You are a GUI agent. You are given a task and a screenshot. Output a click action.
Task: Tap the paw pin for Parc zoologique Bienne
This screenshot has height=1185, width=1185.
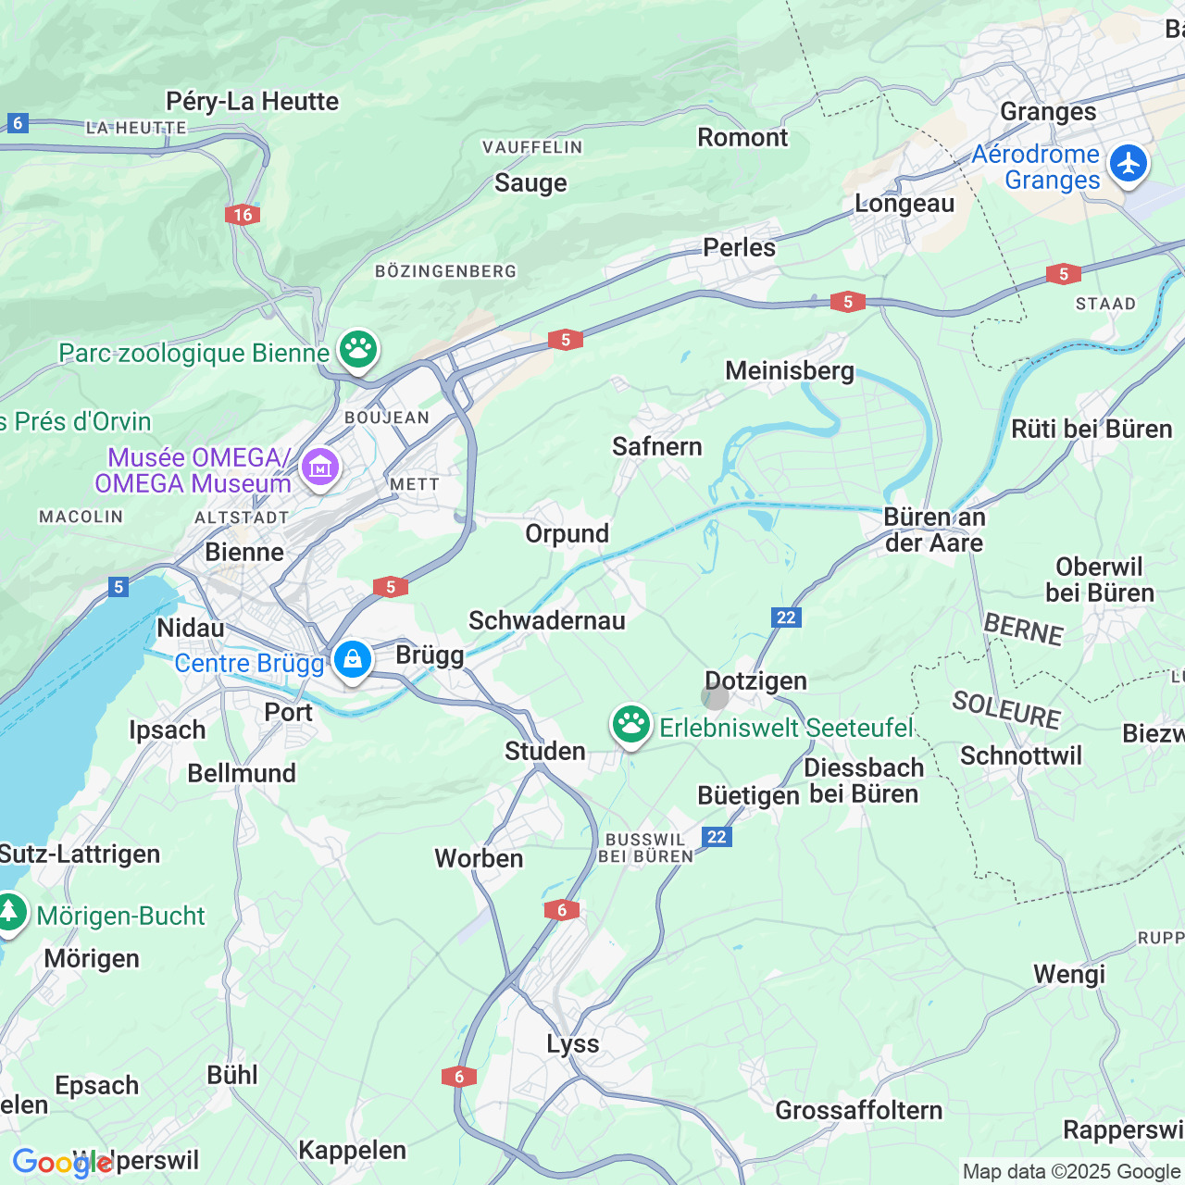click(x=357, y=350)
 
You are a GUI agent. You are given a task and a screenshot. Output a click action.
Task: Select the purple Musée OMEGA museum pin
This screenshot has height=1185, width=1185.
click(x=319, y=468)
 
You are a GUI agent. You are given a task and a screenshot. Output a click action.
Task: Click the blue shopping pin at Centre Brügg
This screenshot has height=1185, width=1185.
click(x=352, y=660)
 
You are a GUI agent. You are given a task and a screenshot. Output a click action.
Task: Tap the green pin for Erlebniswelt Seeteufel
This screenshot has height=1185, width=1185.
click(x=631, y=725)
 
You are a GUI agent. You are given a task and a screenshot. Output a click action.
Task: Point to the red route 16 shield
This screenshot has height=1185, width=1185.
click(x=243, y=215)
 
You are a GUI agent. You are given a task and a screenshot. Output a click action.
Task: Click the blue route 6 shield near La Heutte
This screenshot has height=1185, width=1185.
click(x=17, y=122)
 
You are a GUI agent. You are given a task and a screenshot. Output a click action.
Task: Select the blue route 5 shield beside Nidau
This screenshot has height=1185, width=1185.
click(x=118, y=587)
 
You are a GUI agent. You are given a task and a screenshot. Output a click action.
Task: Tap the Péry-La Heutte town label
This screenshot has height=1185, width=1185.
click(x=252, y=101)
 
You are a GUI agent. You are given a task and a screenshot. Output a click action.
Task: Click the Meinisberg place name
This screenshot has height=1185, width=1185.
click(x=790, y=371)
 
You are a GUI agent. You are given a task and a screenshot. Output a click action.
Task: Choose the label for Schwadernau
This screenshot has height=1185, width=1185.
click(x=547, y=620)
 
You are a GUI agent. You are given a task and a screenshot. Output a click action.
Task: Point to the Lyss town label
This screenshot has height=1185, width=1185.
click(x=572, y=1044)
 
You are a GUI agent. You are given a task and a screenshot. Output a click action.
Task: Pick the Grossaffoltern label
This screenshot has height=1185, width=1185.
click(x=858, y=1110)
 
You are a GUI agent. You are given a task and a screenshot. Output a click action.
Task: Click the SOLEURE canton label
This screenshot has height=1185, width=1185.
click(x=1006, y=711)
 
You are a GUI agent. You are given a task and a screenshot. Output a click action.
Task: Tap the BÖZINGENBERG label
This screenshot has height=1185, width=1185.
click(x=445, y=271)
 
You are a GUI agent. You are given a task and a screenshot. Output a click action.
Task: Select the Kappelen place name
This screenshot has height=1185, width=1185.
click(x=352, y=1150)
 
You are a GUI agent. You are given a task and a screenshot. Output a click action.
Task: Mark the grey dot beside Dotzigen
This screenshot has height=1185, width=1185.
click(x=715, y=697)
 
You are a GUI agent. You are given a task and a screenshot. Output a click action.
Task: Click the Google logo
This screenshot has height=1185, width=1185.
click(x=61, y=1163)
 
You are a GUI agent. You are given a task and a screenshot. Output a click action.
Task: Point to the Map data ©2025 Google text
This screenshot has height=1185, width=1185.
click(x=1071, y=1172)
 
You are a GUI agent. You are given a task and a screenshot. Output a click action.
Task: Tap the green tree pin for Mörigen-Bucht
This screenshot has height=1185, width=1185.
click(x=10, y=912)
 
